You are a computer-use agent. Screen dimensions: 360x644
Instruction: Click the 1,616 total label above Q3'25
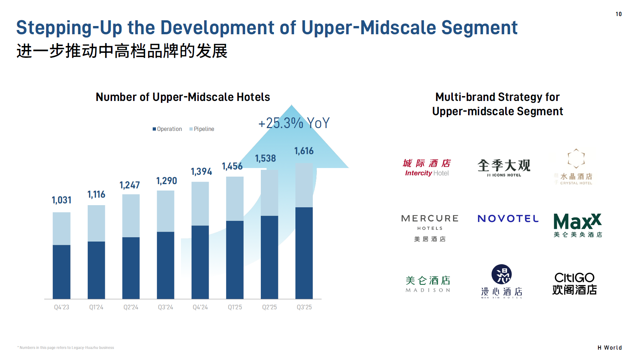click(x=304, y=151)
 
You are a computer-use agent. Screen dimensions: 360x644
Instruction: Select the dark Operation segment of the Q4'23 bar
click(x=61, y=272)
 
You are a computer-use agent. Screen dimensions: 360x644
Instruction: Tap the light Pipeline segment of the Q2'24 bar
click(x=131, y=216)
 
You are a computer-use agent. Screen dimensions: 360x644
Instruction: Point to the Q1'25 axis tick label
click(x=235, y=307)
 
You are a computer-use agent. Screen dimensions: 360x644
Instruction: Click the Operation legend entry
click(x=167, y=129)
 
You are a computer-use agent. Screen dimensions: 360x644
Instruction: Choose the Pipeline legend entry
click(x=202, y=129)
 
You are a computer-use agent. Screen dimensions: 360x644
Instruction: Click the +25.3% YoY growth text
click(x=294, y=123)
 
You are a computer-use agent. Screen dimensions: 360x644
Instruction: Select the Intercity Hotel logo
click(x=427, y=168)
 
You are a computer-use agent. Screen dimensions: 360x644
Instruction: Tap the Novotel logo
click(x=508, y=218)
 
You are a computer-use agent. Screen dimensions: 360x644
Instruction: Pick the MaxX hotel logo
click(x=578, y=225)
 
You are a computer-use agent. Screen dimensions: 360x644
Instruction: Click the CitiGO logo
click(x=574, y=284)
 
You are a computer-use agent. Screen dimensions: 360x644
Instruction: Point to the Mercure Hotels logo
click(x=430, y=227)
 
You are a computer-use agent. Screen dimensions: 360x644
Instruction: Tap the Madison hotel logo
click(x=428, y=284)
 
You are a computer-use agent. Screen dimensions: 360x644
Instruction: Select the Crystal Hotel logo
click(x=575, y=167)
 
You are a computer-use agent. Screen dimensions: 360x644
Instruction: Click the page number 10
click(x=618, y=14)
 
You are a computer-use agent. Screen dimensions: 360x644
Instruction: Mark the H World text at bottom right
click(x=609, y=348)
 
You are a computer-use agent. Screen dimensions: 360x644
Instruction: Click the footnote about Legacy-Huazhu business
click(x=66, y=348)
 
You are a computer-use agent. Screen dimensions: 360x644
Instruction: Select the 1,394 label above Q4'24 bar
click(x=201, y=172)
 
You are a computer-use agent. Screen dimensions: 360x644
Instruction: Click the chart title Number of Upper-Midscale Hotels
click(x=183, y=97)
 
